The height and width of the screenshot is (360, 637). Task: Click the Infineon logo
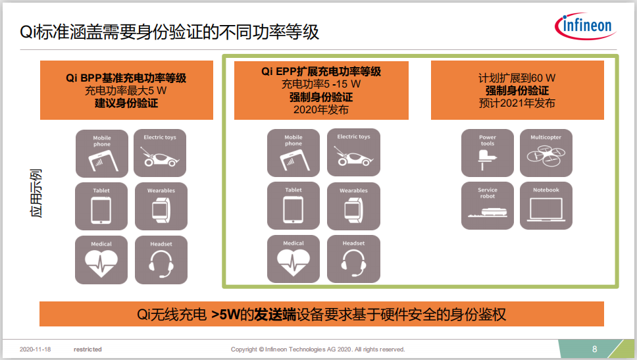pyautogui.click(x=586, y=26)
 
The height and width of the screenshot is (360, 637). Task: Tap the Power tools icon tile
pyautogui.click(x=488, y=153)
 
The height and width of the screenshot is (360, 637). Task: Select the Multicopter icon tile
pyautogui.click(x=546, y=153)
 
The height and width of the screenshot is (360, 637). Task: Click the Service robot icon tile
pyautogui.click(x=488, y=205)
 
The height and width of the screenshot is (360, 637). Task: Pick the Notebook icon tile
pyautogui.click(x=546, y=205)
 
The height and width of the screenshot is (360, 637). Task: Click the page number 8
pyautogui.click(x=594, y=349)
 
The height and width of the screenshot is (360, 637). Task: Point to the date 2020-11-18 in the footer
pyautogui.click(x=36, y=349)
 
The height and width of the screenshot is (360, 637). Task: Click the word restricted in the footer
pyautogui.click(x=88, y=349)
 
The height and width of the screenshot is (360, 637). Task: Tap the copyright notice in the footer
pyautogui.click(x=318, y=349)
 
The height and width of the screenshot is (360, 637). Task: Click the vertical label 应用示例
pyautogui.click(x=36, y=193)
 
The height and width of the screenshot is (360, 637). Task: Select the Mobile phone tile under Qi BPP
pyautogui.click(x=102, y=153)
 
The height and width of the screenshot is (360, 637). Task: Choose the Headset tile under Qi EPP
pyautogui.click(x=353, y=259)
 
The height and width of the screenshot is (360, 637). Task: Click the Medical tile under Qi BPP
pyautogui.click(x=101, y=260)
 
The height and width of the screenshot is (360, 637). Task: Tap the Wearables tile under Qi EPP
pyautogui.click(x=353, y=206)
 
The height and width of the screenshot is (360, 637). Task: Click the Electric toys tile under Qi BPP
pyautogui.click(x=160, y=153)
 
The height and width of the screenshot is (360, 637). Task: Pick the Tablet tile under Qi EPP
pyautogui.click(x=293, y=205)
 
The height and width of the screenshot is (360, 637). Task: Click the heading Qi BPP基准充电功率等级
pyautogui.click(x=126, y=78)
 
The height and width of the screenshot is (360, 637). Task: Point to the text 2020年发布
pyautogui.click(x=321, y=110)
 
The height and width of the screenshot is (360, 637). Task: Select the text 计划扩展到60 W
pyautogui.click(x=517, y=78)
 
